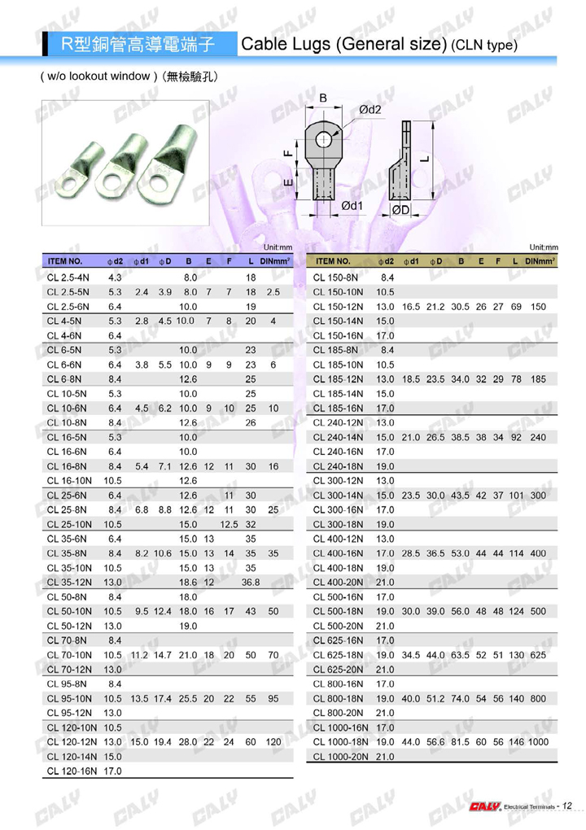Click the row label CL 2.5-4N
coord(68,277)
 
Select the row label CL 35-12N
coord(69,583)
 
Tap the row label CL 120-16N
coord(72,771)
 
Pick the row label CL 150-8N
coord(335,277)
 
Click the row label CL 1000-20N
coord(340,757)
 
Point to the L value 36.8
coord(251,583)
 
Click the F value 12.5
coord(229,525)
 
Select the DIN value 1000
coord(538,742)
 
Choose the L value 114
coord(516,553)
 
